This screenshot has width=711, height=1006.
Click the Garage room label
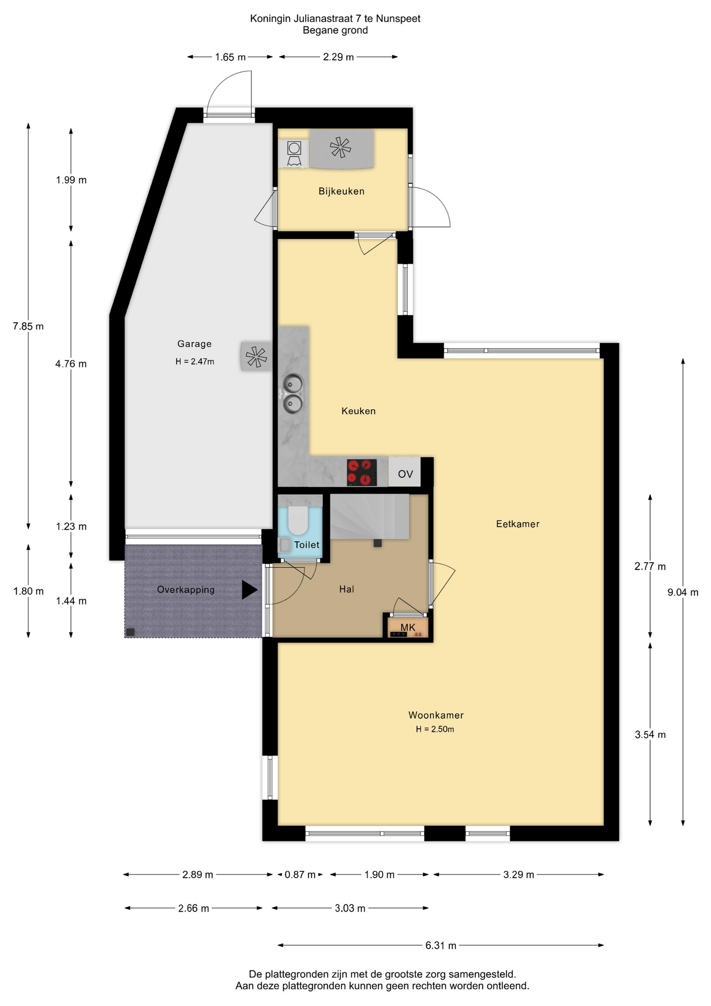point(194,344)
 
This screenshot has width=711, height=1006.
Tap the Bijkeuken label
point(341,191)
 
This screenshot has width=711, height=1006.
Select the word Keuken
point(359,411)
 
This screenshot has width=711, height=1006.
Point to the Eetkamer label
point(518,523)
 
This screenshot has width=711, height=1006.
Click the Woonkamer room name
point(436,715)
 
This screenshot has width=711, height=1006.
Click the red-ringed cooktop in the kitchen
point(362,472)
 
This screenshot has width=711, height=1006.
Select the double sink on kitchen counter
point(293,393)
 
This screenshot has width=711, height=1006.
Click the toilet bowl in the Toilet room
point(298,519)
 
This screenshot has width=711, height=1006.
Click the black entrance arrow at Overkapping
point(249,589)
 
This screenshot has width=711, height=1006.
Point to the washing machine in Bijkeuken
point(294,154)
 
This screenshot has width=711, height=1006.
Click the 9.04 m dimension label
point(683,592)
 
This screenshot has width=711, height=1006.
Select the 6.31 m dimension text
point(441,945)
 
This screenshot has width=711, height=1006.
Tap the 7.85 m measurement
point(28,326)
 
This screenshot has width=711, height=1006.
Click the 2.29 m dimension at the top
point(338,57)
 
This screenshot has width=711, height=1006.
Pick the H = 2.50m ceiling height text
point(435,729)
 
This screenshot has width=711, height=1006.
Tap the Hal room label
point(347,589)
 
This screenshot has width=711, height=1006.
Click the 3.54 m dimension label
point(650,735)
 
